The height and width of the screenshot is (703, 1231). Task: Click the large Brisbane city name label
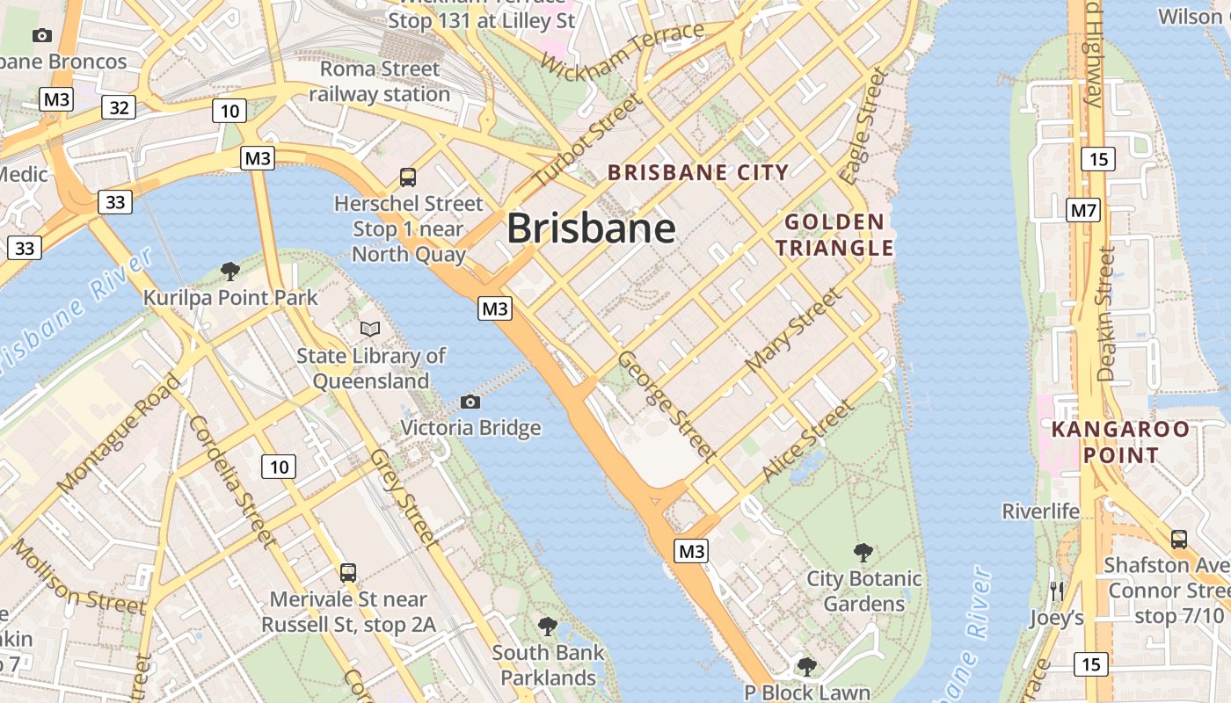click(x=591, y=228)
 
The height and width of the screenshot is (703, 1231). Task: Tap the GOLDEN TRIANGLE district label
click(x=834, y=235)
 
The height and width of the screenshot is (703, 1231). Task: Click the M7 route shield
click(x=1083, y=211)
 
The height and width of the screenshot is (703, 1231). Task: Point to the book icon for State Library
click(x=371, y=330)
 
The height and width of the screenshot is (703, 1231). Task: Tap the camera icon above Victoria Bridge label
click(x=470, y=402)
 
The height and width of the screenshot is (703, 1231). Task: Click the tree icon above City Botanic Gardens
click(x=863, y=553)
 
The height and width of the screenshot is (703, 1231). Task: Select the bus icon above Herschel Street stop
click(x=408, y=178)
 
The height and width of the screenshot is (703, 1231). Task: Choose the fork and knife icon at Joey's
click(x=1057, y=591)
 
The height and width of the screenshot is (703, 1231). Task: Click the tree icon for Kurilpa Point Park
click(x=230, y=271)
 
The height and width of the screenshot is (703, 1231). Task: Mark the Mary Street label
click(x=792, y=330)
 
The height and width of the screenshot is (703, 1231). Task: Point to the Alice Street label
click(x=807, y=440)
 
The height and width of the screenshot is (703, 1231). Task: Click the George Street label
click(x=666, y=405)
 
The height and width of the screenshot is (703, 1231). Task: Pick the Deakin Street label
click(x=1105, y=314)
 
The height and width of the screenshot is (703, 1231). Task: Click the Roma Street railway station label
click(x=379, y=81)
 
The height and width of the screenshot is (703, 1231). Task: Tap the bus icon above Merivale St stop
click(x=348, y=573)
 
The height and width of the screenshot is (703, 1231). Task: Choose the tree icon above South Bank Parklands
click(x=548, y=627)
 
